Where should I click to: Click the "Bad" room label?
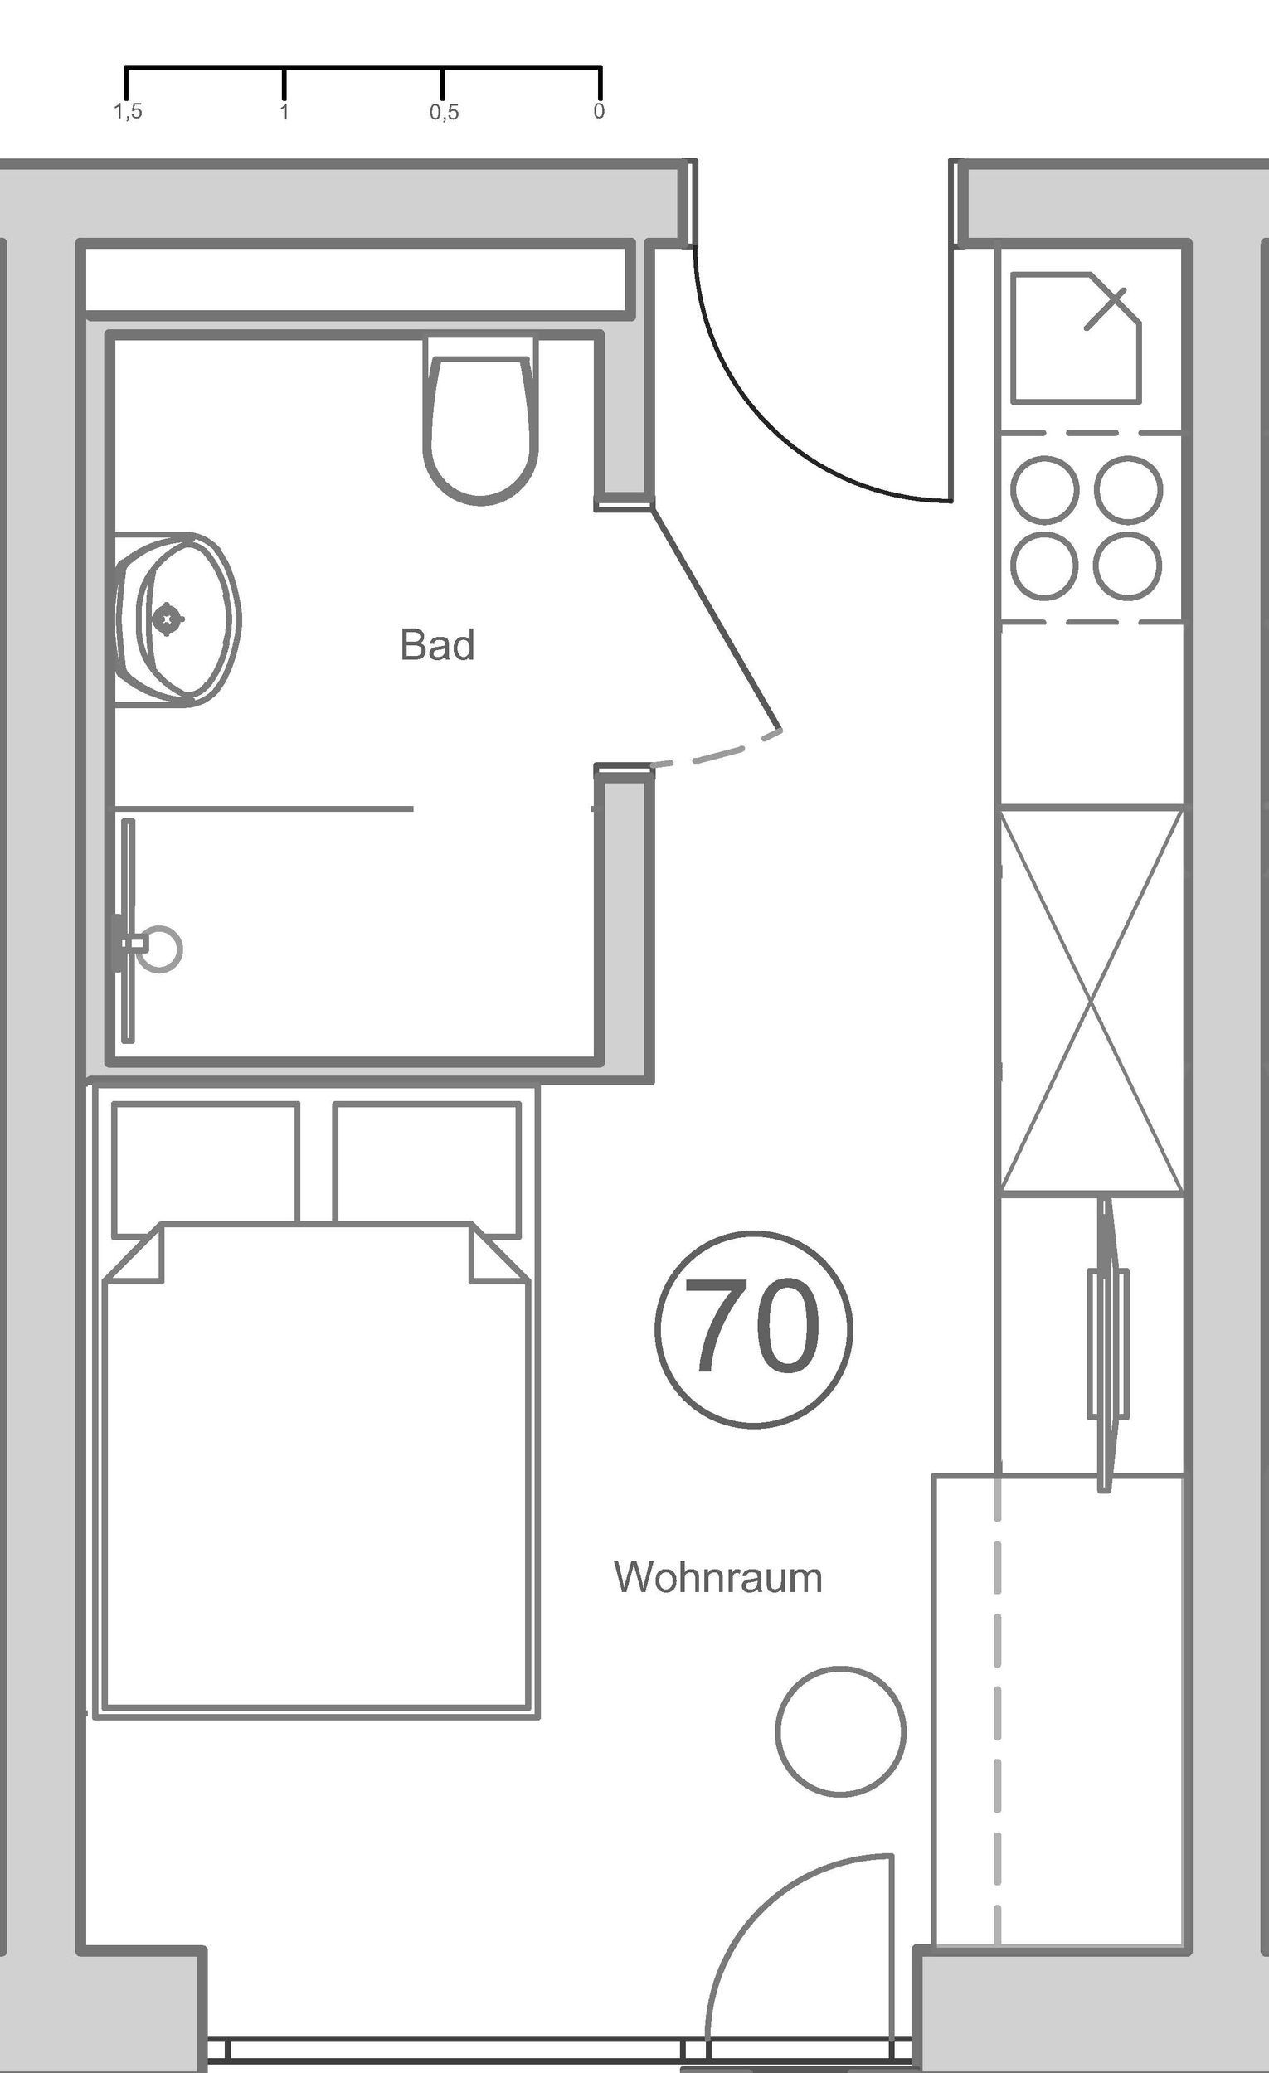point(437,645)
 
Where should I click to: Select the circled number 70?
point(753,1329)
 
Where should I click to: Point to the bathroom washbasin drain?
point(168,619)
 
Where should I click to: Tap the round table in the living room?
point(840,1731)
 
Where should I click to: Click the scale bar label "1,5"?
point(128,112)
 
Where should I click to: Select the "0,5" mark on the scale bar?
point(445,112)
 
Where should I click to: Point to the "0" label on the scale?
point(598,111)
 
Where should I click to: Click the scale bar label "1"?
point(284,112)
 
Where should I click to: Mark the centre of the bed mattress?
point(315,1481)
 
